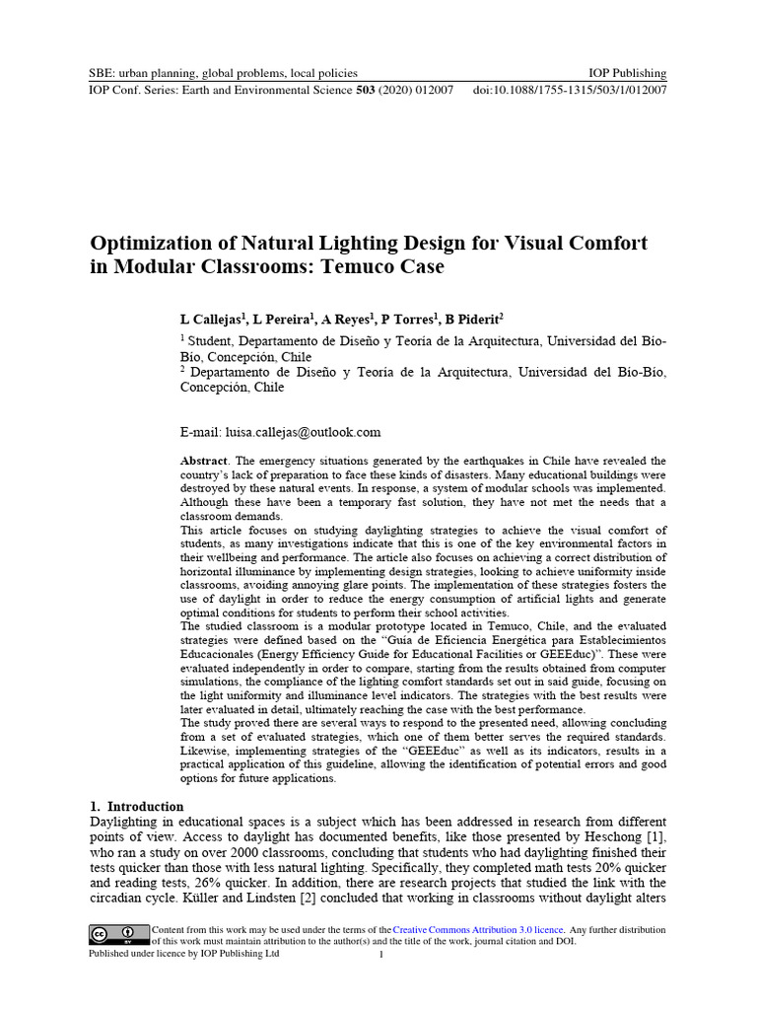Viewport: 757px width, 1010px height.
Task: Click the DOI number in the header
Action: click(x=583, y=90)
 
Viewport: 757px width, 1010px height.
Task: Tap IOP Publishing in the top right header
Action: click(x=627, y=73)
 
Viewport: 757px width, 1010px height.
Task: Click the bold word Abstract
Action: click(x=204, y=462)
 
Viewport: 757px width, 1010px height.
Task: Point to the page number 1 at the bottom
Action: click(x=379, y=955)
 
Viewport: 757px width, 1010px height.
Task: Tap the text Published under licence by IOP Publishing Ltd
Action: click(x=184, y=954)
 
